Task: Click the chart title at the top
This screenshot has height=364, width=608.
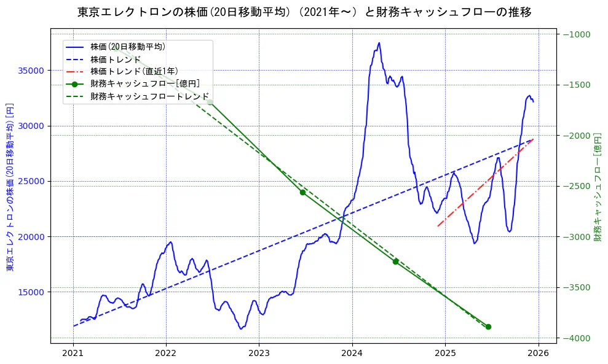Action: (x=304, y=12)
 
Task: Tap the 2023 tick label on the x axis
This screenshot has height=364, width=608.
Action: (x=259, y=354)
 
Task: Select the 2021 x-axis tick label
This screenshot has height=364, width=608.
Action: (x=73, y=354)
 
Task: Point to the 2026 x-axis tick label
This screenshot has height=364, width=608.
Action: (x=538, y=354)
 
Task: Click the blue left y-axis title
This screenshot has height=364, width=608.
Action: (x=10, y=188)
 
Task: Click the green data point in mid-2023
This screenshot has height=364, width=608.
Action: (x=302, y=192)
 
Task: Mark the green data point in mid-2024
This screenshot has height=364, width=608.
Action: (x=396, y=261)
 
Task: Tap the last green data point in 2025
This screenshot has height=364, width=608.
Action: (x=488, y=327)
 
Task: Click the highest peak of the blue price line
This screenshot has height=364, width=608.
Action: (x=379, y=43)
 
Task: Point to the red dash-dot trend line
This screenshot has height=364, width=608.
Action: (x=486, y=183)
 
